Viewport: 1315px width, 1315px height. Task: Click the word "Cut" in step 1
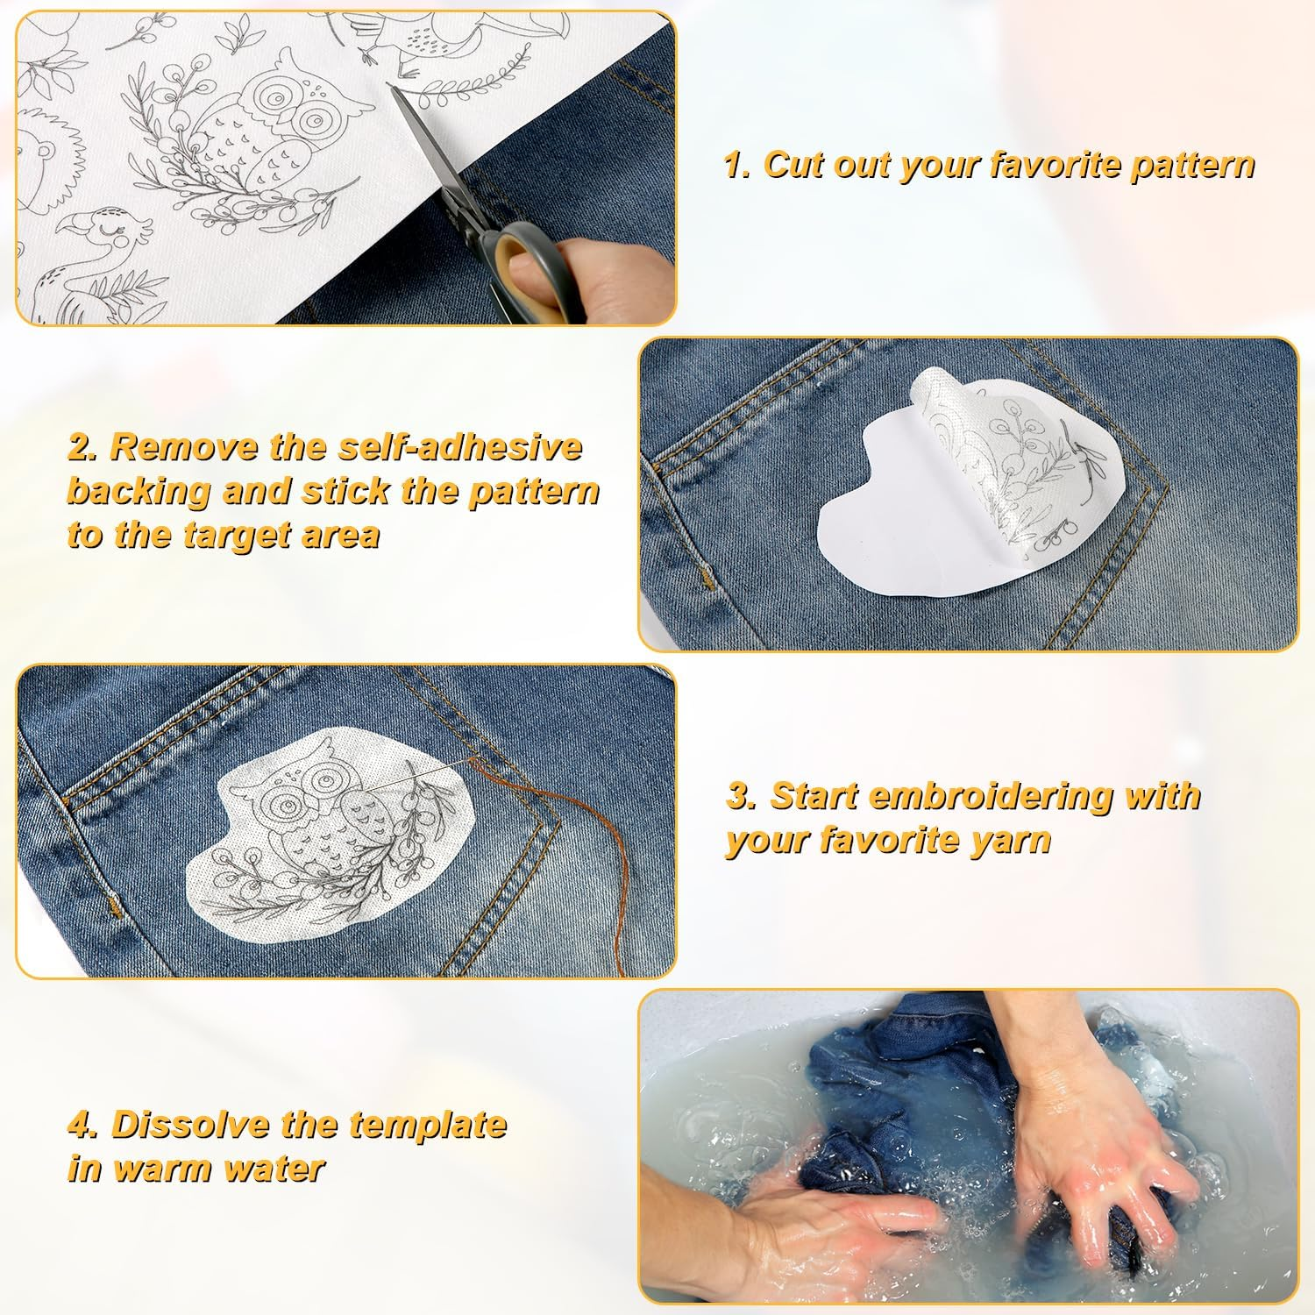coord(800,165)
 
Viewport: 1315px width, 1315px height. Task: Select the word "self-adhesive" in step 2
coord(461,447)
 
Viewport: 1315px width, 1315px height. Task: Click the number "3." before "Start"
coord(742,796)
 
